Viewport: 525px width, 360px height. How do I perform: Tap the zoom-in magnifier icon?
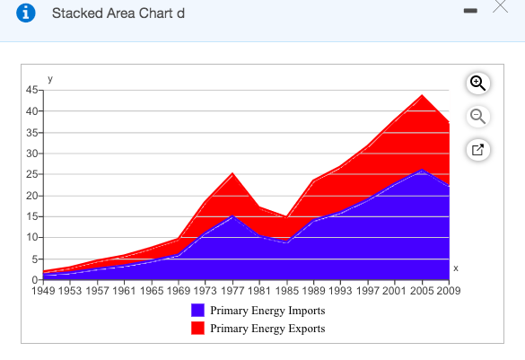[x=477, y=83]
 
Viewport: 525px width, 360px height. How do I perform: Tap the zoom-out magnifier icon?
[x=477, y=116]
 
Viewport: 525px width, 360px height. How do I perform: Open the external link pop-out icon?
[x=477, y=150]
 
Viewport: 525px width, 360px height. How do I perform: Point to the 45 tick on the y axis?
[x=31, y=90]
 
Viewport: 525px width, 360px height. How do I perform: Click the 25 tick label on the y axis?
[x=31, y=174]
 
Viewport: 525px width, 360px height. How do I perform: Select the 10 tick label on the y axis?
[x=31, y=237]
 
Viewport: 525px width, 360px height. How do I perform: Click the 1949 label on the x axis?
[x=44, y=290]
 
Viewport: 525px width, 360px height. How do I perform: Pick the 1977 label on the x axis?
[x=232, y=290]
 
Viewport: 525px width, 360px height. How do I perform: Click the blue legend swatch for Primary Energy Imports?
[x=198, y=311]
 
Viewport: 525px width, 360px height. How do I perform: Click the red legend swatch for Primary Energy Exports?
[x=198, y=329]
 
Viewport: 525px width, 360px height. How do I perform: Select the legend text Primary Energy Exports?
[x=267, y=329]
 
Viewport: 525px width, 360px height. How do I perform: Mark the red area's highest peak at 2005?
[x=421, y=95]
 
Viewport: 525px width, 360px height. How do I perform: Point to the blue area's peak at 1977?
[x=232, y=216]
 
